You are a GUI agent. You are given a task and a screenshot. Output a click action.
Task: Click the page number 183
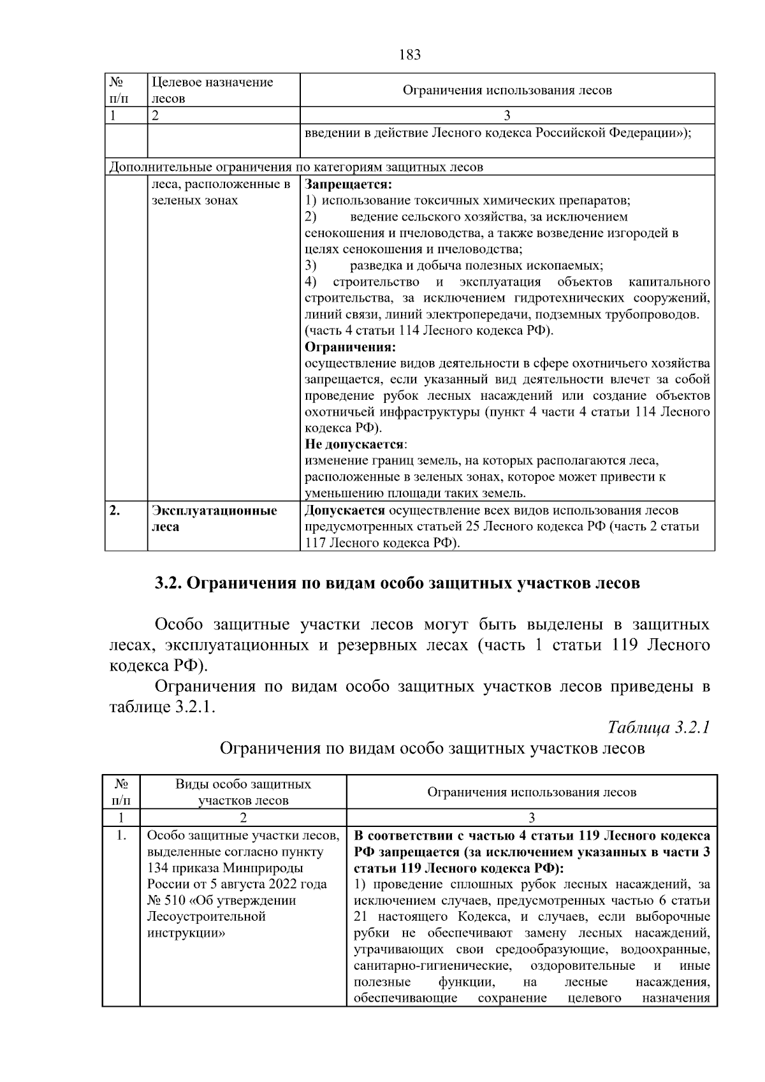click(x=410, y=55)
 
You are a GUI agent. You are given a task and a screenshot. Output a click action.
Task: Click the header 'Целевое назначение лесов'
click(x=212, y=90)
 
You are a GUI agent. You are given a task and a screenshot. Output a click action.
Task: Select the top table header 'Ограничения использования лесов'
click(x=507, y=90)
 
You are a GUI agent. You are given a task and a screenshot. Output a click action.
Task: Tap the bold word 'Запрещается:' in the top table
click(x=347, y=184)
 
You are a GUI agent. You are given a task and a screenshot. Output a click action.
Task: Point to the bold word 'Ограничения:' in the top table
click(x=350, y=347)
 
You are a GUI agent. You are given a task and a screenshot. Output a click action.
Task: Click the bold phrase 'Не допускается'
click(x=354, y=444)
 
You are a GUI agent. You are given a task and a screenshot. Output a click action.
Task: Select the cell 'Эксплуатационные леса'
click(x=214, y=518)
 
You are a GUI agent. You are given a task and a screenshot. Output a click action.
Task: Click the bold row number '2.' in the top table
click(x=115, y=511)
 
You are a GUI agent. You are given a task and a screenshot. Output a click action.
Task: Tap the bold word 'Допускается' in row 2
click(x=345, y=511)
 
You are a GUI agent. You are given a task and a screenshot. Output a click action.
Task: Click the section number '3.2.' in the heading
click(x=170, y=583)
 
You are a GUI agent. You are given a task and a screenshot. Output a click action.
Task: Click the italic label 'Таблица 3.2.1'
click(x=659, y=727)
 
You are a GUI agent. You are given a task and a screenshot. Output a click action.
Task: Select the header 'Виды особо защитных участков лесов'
click(x=244, y=792)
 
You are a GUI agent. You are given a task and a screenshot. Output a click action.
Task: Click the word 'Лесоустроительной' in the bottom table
click(x=206, y=917)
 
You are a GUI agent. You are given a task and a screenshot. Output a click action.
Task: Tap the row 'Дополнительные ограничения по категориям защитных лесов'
click(x=296, y=168)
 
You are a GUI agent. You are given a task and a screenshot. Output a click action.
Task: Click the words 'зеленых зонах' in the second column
click(x=194, y=201)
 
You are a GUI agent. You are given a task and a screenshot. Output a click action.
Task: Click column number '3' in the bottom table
click(x=532, y=818)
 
